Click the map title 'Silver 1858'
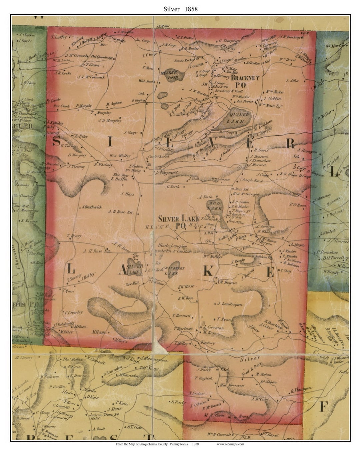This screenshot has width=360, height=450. pyautogui.click(x=180, y=9)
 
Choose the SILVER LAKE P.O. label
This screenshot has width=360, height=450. pyautogui.click(x=178, y=222)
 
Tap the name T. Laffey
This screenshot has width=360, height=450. pyautogui.click(x=59, y=38)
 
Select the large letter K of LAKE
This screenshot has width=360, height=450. pyautogui.click(x=208, y=271)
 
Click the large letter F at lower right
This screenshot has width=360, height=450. pyautogui.click(x=324, y=406)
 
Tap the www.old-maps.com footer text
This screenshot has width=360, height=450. pyautogui.click(x=230, y=444)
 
